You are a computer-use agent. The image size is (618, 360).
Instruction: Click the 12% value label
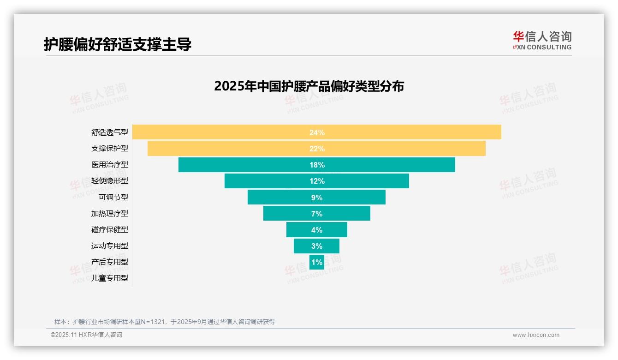317,181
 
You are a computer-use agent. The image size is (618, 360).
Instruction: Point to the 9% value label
317,198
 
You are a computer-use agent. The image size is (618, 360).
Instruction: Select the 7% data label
317,214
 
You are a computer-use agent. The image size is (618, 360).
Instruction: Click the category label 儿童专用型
110,278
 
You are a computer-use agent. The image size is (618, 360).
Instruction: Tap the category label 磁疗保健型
110,230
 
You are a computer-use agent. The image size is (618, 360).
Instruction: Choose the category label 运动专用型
110,246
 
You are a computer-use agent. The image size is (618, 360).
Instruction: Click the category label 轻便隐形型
110,181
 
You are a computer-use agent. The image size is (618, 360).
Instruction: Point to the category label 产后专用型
110,262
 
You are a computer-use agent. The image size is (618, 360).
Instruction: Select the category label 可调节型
113,198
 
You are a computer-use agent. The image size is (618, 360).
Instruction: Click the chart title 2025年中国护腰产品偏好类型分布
309,86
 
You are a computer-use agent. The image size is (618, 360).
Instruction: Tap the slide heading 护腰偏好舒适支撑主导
118,44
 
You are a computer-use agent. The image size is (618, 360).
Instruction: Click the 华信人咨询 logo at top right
542,40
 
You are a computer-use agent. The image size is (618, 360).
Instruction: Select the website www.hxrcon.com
536,335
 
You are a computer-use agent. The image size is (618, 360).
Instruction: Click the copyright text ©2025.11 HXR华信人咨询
86,335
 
